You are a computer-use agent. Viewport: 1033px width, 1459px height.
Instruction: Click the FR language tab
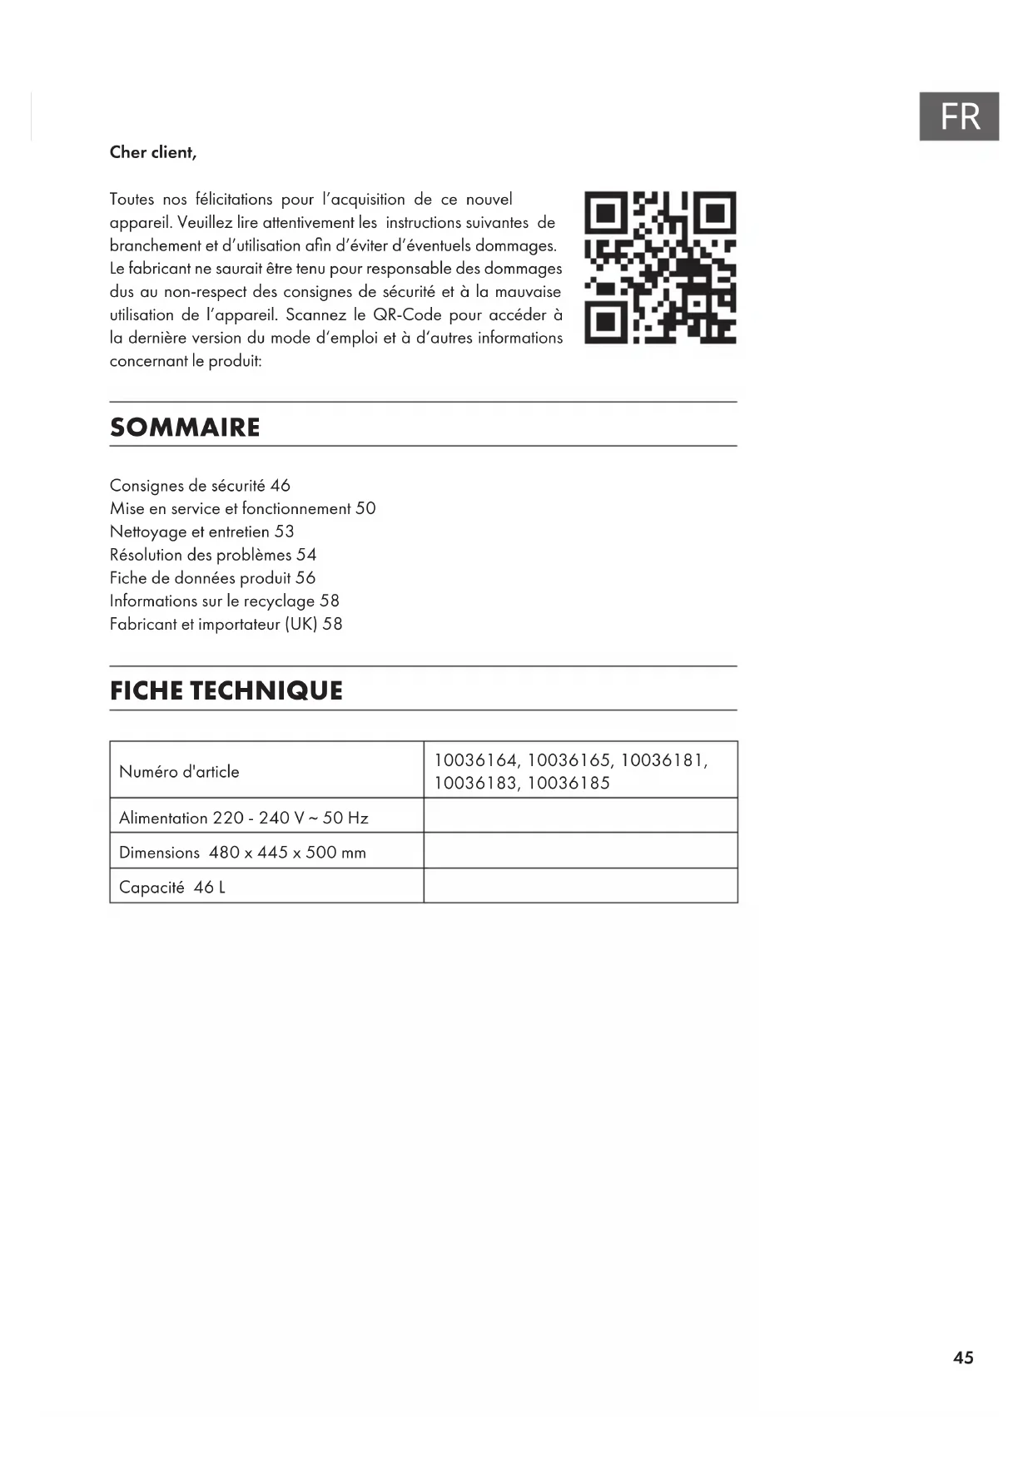(959, 116)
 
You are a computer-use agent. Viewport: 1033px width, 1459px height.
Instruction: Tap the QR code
(660, 268)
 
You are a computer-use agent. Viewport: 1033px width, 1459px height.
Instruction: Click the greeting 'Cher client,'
(153, 152)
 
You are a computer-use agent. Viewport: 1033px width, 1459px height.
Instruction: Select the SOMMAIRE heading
(185, 428)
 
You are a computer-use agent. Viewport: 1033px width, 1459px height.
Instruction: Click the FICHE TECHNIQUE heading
(226, 690)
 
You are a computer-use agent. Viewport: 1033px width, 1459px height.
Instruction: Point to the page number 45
(963, 1358)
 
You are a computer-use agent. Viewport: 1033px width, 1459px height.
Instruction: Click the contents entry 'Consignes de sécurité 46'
(200, 486)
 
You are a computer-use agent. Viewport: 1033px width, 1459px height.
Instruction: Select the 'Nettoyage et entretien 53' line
(201, 532)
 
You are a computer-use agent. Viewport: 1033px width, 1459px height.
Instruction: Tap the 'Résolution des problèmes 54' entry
(213, 555)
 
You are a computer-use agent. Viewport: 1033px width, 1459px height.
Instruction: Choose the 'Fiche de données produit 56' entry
(212, 578)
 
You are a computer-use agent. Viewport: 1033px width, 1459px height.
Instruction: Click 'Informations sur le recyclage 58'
(224, 601)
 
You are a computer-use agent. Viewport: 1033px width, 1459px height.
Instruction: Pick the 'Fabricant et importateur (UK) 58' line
(226, 624)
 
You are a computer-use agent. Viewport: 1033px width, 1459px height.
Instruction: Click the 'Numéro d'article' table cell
(179, 772)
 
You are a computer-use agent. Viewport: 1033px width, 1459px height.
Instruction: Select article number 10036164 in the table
(476, 760)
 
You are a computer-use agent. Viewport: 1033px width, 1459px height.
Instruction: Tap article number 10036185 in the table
(569, 783)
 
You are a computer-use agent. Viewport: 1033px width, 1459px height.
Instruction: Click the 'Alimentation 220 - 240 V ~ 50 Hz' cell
(243, 818)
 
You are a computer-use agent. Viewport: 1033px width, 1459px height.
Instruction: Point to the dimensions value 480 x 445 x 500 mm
(287, 853)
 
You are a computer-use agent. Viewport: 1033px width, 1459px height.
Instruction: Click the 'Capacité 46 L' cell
(172, 888)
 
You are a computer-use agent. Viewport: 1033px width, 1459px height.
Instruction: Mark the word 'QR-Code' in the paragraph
(407, 315)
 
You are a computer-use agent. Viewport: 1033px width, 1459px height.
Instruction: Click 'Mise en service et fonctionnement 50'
(242, 508)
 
